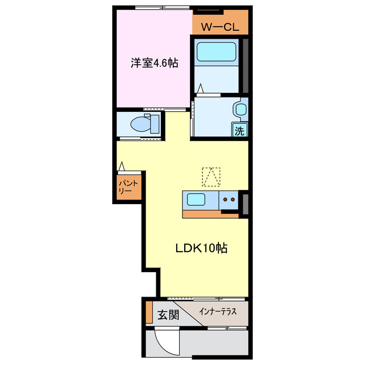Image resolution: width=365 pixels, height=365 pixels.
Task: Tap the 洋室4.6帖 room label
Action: [155, 63]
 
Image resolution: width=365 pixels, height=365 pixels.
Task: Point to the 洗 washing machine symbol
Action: [240, 131]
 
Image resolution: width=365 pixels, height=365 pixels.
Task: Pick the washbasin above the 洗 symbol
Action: [240, 109]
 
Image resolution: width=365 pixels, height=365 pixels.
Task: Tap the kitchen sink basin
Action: [197, 200]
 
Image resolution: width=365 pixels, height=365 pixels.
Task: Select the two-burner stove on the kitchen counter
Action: [229, 200]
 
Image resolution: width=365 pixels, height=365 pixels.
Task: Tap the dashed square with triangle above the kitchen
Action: [211, 177]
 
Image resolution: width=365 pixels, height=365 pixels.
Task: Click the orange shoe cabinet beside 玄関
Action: [149, 312]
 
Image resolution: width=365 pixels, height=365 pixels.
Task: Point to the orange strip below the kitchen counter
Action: [210, 214]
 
